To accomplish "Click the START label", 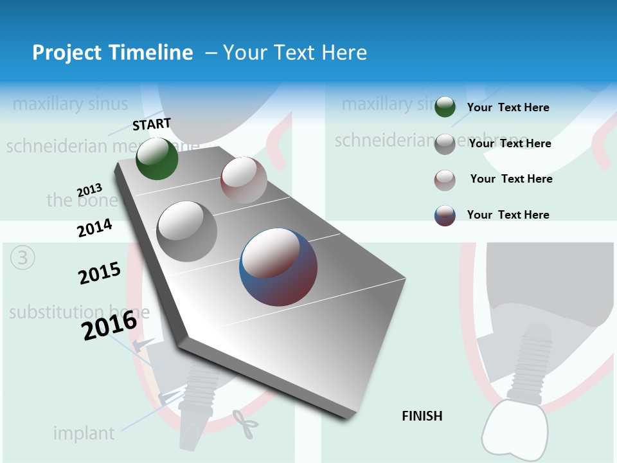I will point(152,124).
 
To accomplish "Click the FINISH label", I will point(422,416).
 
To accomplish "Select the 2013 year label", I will point(89,190).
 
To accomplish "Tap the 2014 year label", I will point(95,228).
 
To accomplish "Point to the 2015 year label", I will point(100,273).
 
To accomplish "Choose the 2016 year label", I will point(109,325).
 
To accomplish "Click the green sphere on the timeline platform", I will point(157,158).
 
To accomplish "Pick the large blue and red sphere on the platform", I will point(278,267).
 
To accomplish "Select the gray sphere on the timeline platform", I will point(187,232).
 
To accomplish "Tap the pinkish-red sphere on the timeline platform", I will point(244,180).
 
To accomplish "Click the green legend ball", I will point(445,107).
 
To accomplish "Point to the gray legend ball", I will point(445,144).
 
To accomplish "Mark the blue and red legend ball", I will point(445,215).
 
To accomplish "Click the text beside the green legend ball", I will point(508,108).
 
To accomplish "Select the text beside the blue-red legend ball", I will point(508,215).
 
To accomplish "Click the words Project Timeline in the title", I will point(112,53).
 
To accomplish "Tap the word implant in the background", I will point(84,433).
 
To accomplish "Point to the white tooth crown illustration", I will point(514,428).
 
